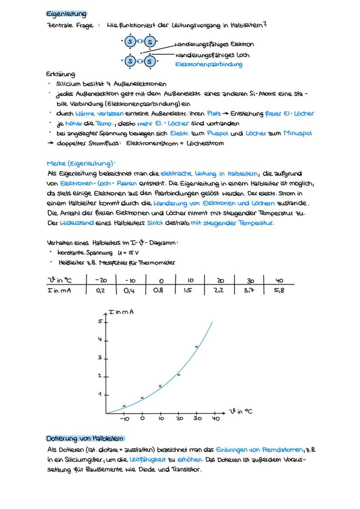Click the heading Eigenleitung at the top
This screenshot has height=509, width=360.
67,14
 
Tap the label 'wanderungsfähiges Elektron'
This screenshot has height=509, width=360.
214,44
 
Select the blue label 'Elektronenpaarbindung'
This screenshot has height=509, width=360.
209,64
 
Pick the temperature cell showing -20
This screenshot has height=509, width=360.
101,280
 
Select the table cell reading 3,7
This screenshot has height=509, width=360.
249,290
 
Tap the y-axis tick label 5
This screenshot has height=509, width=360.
99,322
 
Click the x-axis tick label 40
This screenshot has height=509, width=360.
216,419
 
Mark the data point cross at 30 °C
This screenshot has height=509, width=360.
197,346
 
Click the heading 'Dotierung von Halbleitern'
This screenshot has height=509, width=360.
85,439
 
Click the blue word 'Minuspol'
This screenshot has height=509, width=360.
298,133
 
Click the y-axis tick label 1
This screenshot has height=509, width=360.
99,394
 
